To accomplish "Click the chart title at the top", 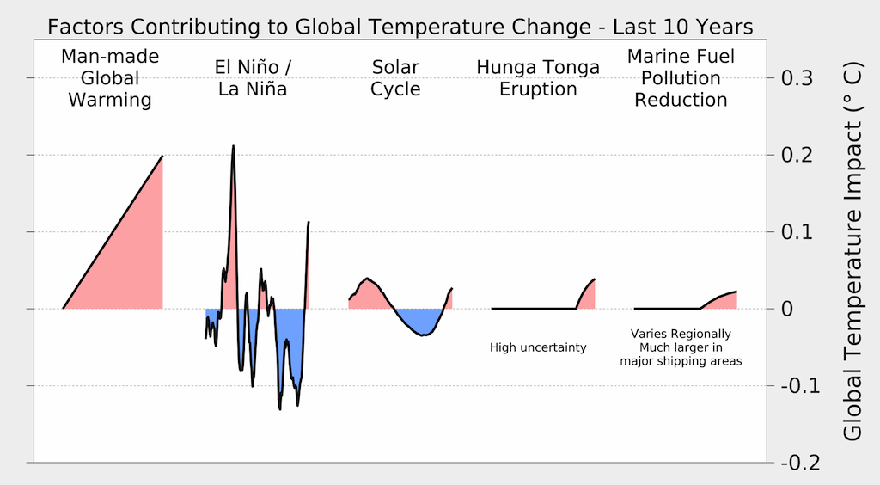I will pos(400,27).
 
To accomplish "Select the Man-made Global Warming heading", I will pos(110,78).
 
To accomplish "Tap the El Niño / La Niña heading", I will pos(251,77).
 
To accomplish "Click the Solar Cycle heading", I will pos(395,77).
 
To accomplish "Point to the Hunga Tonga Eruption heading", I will pos(538,77).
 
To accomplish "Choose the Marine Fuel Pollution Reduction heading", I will pos(681,78).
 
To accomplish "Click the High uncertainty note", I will pos(538,347).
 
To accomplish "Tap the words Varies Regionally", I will pos(681,334).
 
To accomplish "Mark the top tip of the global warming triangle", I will pos(162,157).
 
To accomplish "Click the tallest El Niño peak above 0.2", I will pos(233,148).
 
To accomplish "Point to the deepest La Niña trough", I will pos(280,407).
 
